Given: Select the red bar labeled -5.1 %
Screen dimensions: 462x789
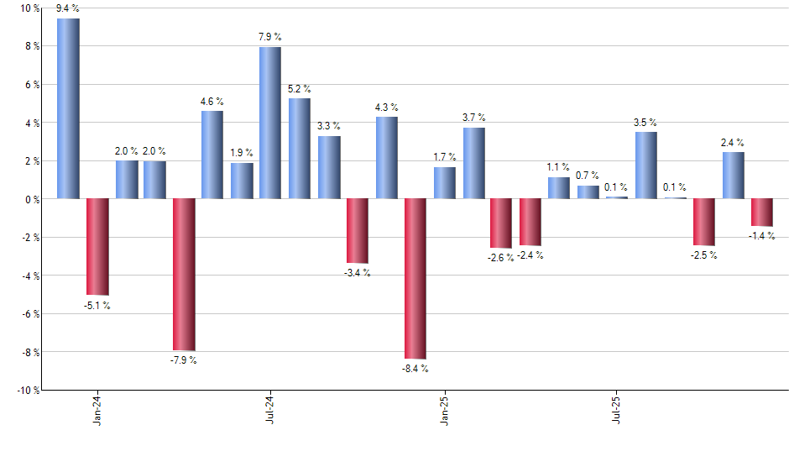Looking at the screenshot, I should (97, 246).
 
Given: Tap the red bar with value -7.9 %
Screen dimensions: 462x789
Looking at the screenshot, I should (184, 274).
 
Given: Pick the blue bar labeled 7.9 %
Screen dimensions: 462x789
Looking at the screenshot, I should (270, 123).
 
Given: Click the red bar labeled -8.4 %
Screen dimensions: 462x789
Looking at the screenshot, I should (415, 279).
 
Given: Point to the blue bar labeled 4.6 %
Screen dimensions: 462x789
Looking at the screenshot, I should (212, 155).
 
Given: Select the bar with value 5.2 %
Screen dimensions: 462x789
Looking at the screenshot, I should (300, 149).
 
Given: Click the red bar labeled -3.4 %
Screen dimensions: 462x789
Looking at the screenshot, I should (357, 231).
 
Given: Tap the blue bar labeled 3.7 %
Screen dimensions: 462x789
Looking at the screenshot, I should (473, 163).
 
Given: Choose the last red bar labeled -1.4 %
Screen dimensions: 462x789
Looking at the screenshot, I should (761, 212).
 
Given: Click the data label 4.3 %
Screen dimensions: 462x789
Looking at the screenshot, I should (386, 108).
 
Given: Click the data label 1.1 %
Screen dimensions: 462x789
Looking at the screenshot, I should (558, 167).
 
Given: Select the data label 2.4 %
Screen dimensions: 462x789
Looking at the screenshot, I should (732, 143).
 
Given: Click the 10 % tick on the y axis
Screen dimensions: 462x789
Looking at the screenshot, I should (29, 8).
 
